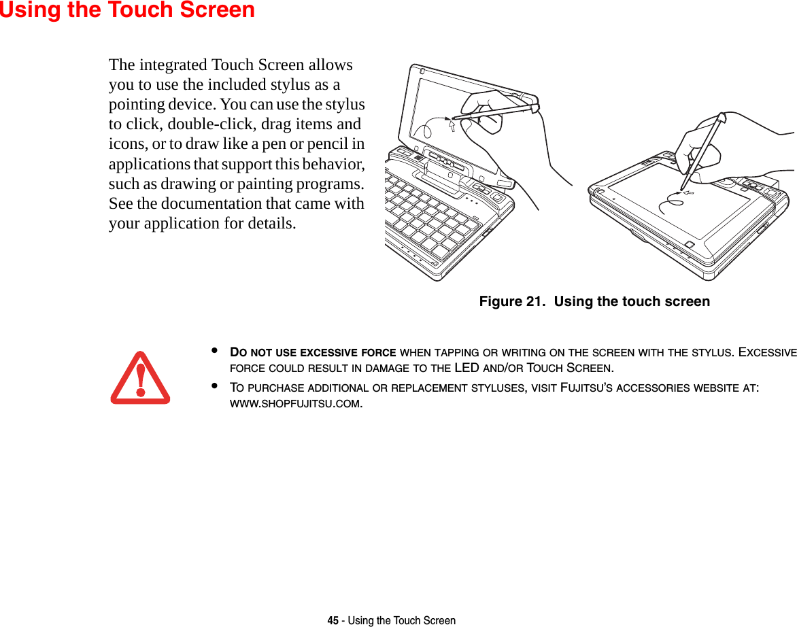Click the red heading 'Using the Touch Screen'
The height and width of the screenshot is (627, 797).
coord(127,10)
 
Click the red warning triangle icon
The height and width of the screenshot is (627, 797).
coord(140,378)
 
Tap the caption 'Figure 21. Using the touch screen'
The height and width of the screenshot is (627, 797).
coord(594,301)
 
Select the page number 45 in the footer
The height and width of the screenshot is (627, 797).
coord(333,620)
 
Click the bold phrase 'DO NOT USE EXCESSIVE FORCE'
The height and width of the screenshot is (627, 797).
coord(313,352)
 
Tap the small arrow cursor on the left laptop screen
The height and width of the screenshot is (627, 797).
coord(450,124)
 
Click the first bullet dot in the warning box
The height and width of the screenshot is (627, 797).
coord(214,352)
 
